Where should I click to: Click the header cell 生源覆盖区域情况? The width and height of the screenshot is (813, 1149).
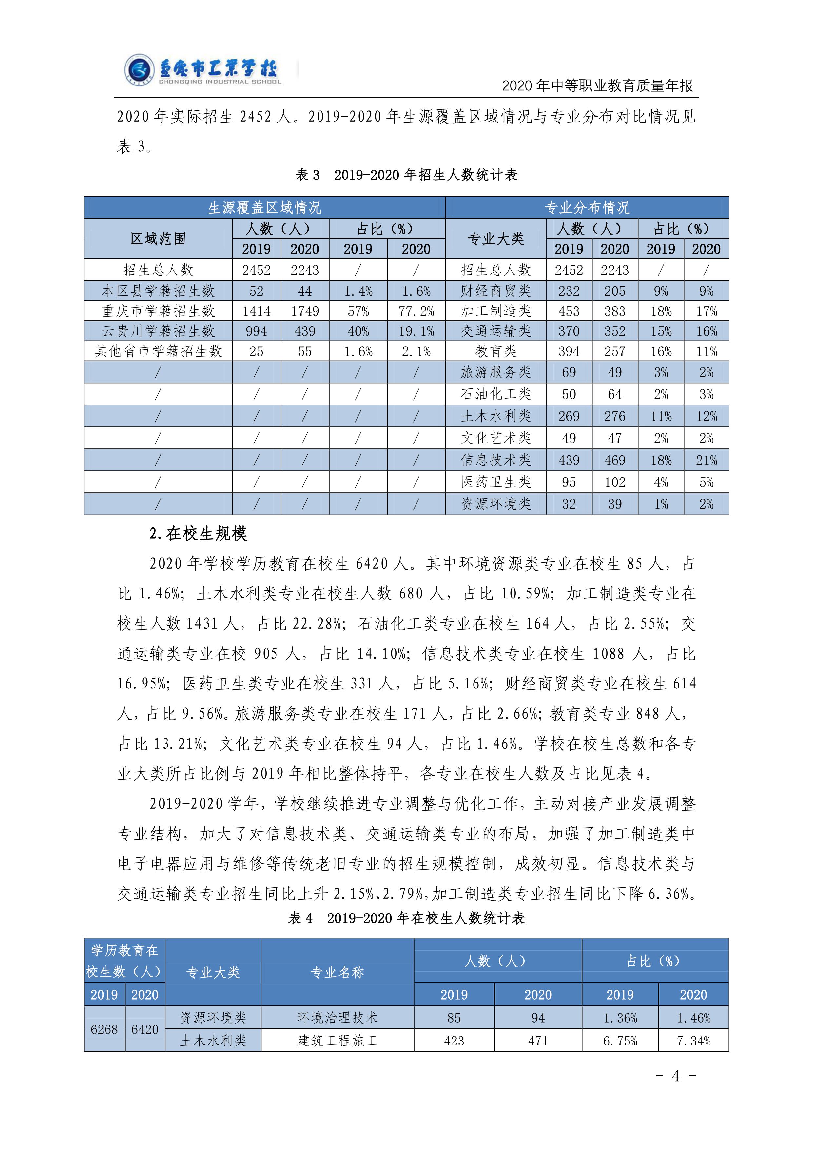pos(264,207)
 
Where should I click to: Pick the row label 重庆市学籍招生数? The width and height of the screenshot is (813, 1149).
pos(158,311)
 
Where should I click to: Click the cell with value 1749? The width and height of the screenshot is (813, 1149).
pos(305,311)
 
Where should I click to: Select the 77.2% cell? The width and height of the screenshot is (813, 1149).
pos(416,311)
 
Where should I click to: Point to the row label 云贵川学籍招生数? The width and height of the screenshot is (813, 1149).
pos(158,331)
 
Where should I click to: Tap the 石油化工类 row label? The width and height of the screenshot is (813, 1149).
pos(495,394)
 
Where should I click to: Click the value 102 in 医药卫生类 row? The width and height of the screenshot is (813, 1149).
pos(615,482)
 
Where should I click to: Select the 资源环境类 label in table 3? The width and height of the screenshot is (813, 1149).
pos(495,504)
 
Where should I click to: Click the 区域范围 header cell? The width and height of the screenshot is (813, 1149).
pos(158,239)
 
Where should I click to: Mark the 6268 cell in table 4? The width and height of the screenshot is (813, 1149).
pos(104,1029)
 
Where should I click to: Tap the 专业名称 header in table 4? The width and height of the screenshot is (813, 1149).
pos(338,972)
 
